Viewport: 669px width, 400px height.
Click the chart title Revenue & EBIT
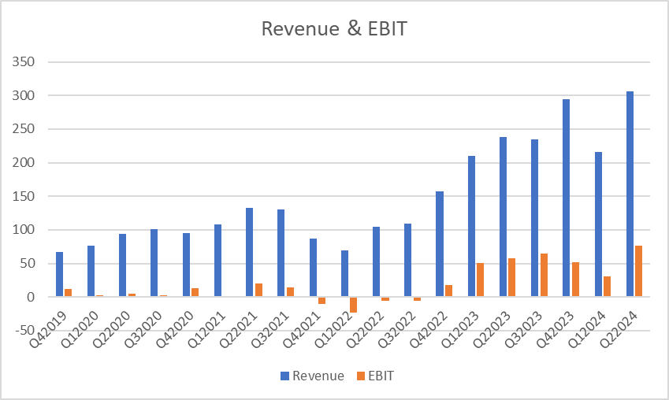334,29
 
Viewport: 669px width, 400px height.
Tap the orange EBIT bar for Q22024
638,271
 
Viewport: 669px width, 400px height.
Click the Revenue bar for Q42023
566,198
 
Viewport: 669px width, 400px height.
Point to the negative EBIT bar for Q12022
354,305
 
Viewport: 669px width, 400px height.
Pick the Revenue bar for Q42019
59,274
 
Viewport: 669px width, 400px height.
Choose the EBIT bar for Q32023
544,275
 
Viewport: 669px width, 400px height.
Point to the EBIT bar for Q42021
321,300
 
